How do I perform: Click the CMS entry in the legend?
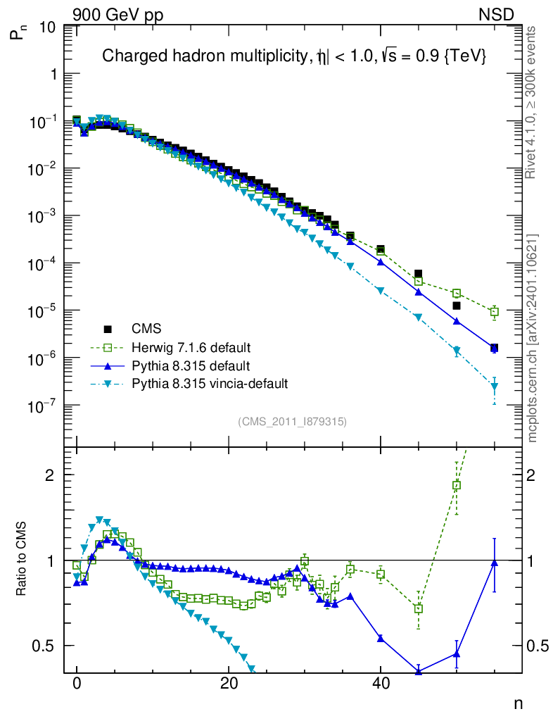146,329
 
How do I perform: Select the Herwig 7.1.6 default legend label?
191,347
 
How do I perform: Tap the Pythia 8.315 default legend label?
190,365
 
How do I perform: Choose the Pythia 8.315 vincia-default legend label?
209,384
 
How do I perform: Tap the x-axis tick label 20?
228,683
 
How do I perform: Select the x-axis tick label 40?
380,683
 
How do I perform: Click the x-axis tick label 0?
77,683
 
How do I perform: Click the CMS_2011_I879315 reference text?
292,421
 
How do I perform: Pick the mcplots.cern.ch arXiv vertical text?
533,338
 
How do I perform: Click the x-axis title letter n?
519,703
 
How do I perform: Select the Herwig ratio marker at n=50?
457,485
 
